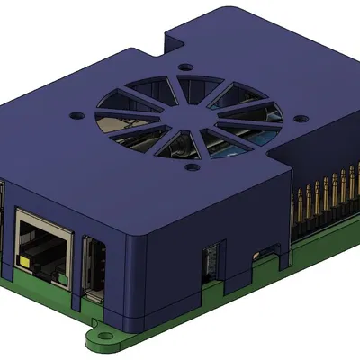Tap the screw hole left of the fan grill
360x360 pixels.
tap(76, 115)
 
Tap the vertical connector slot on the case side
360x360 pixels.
tap(209, 260)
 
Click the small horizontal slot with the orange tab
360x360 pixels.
tap(267, 247)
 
